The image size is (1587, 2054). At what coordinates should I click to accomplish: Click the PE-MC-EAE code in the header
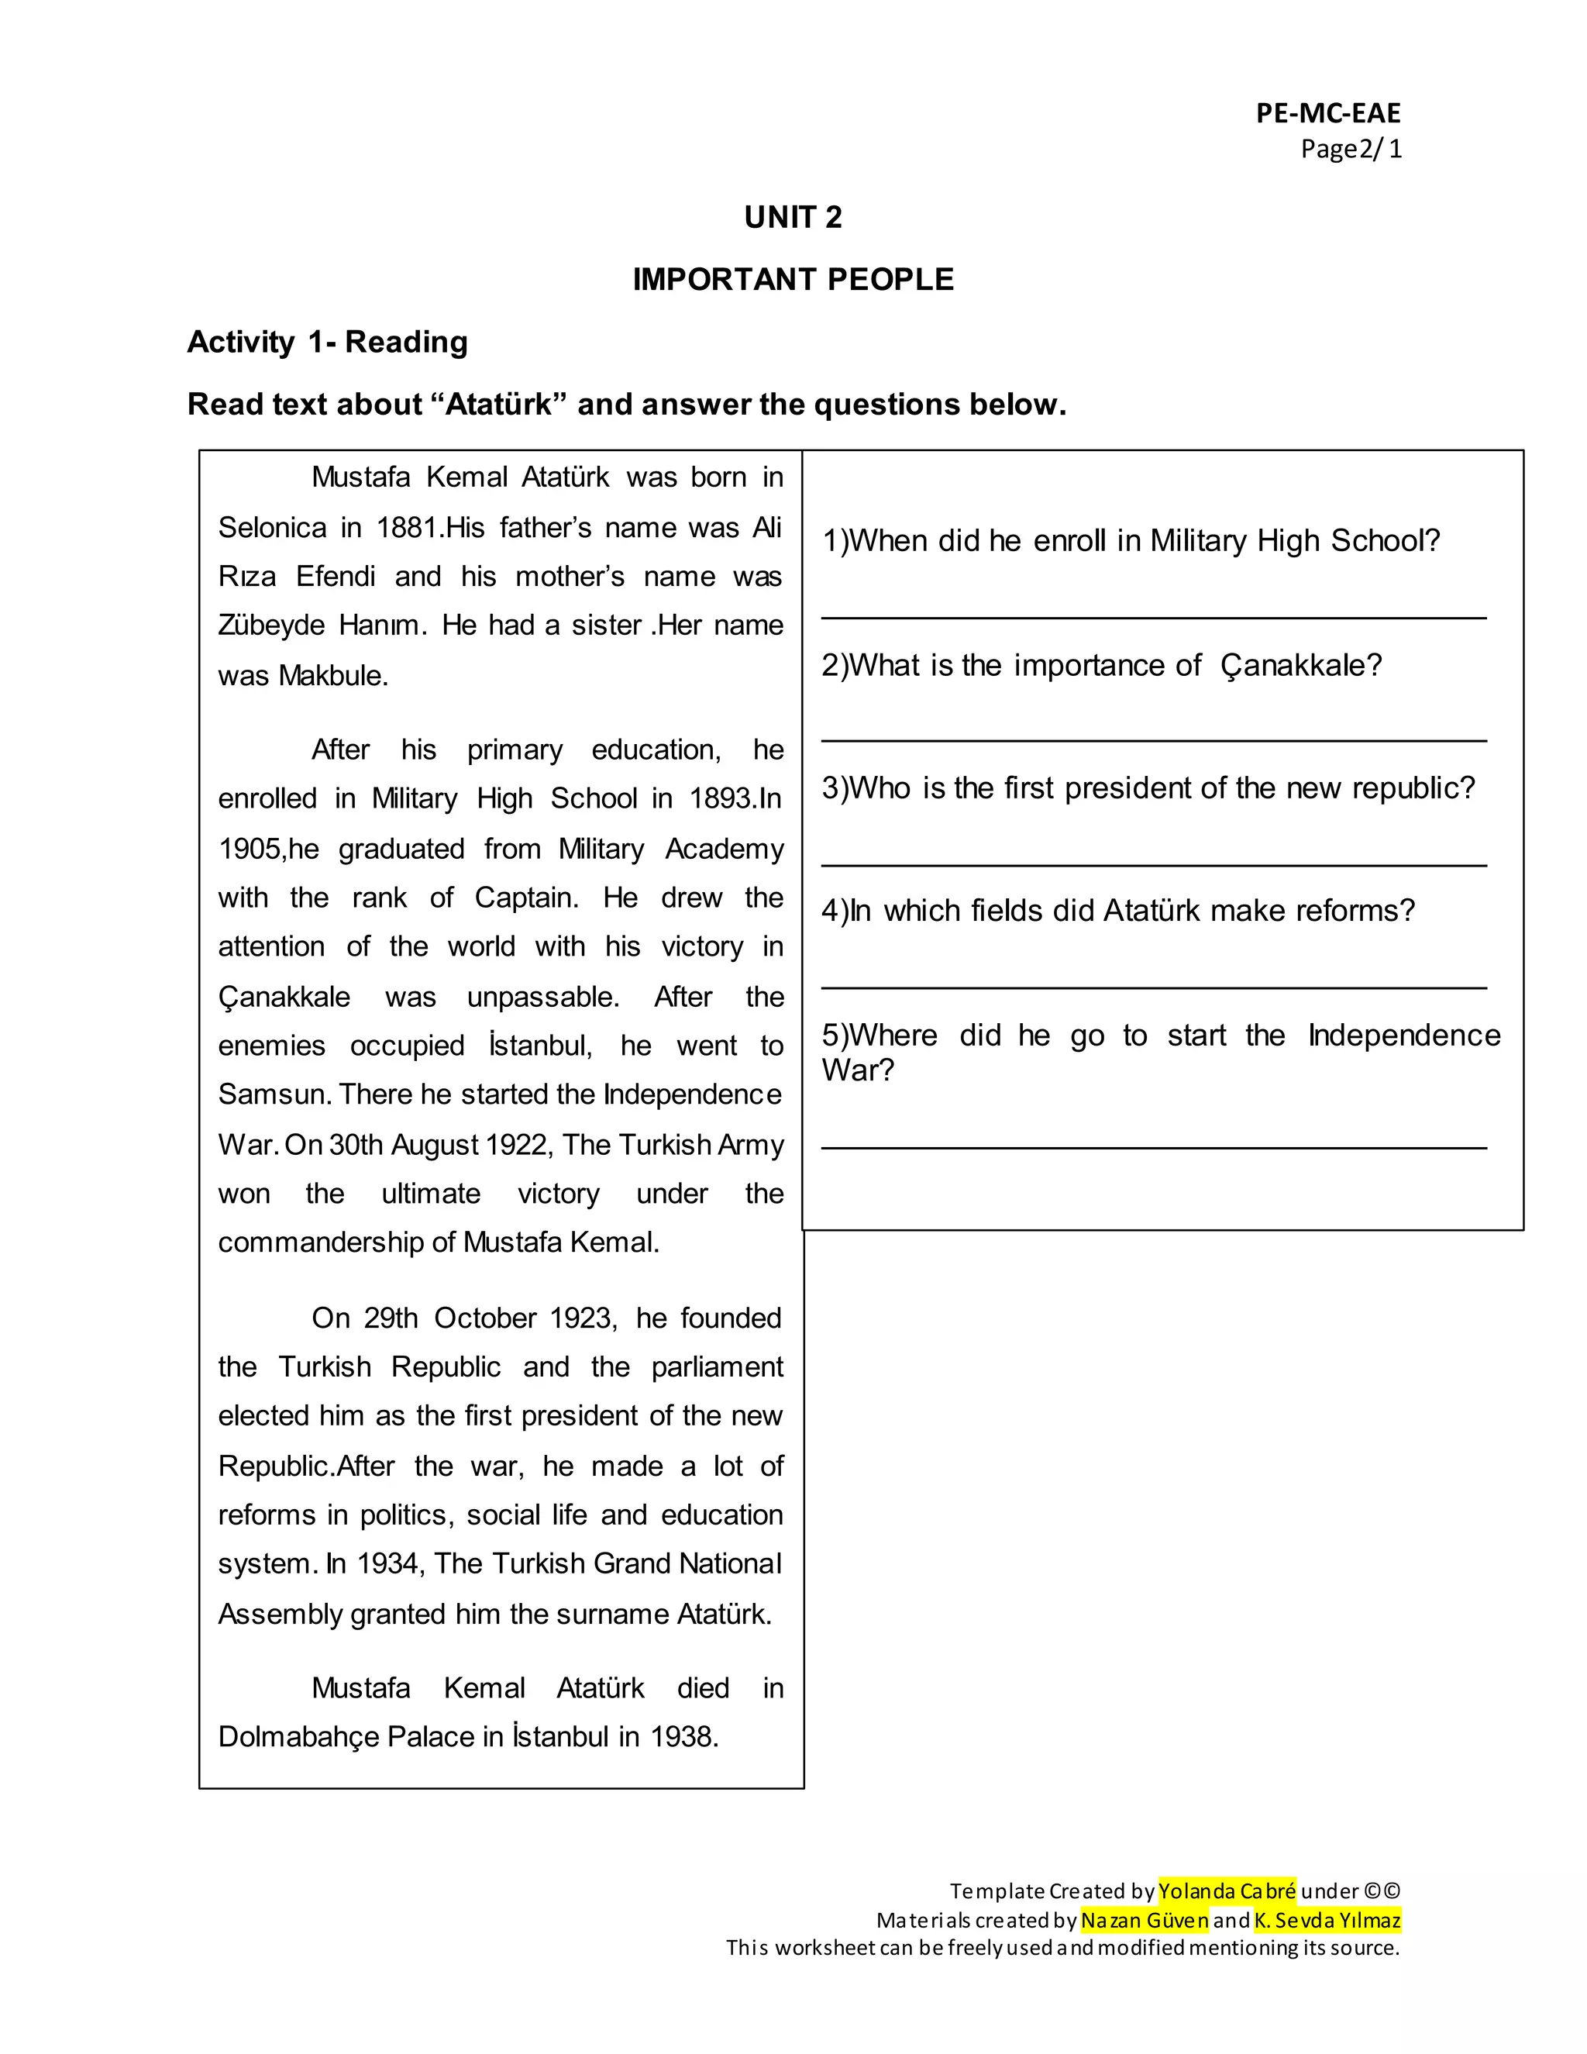[1327, 114]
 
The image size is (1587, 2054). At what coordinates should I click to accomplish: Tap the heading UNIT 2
[793, 217]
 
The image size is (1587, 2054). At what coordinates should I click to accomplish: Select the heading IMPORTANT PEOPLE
[793, 279]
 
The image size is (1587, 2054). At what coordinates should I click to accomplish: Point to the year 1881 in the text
[410, 528]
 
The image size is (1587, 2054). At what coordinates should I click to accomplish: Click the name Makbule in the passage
[331, 676]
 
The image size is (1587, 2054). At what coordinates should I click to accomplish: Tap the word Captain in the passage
[525, 898]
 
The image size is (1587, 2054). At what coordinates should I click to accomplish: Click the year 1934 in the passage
[391, 1564]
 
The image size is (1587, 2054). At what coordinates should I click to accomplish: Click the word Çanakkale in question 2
[1300, 666]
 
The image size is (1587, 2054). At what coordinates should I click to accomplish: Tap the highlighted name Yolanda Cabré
[1226, 1890]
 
